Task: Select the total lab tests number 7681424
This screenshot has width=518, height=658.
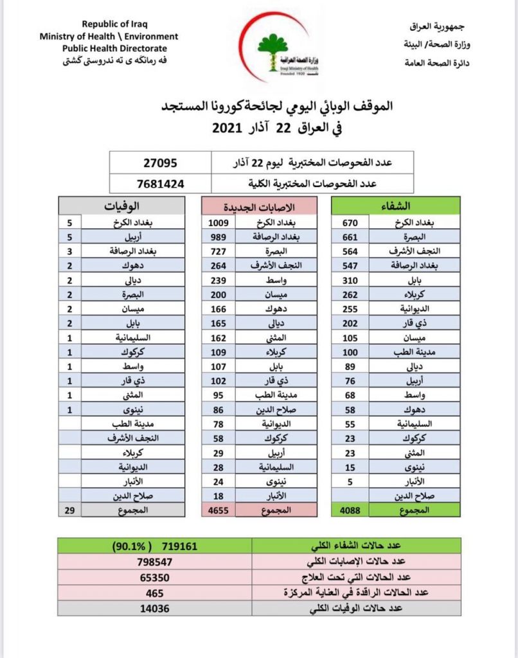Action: click(x=160, y=183)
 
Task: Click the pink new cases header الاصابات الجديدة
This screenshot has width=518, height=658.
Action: click(x=260, y=206)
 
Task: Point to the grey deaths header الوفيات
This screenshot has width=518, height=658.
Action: click(x=123, y=206)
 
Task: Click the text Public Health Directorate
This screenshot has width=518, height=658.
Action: click(x=114, y=48)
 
